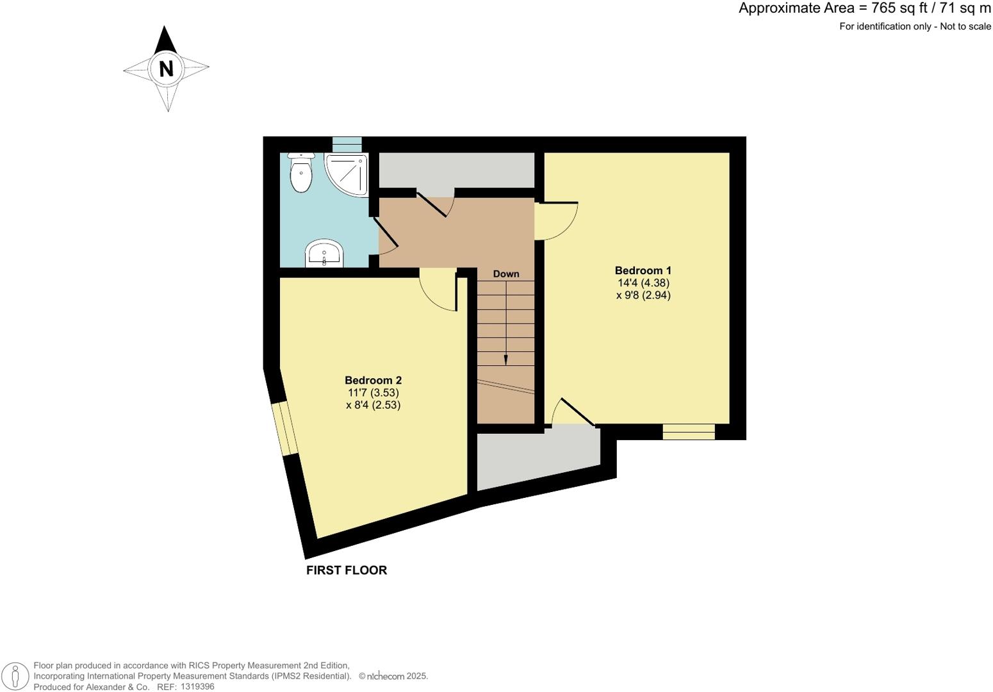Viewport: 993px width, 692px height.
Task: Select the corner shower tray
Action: [x=348, y=173]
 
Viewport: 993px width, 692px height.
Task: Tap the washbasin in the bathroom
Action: [x=325, y=254]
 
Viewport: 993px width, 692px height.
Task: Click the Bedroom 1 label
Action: [x=643, y=270]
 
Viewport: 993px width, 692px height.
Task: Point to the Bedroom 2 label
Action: [x=373, y=380]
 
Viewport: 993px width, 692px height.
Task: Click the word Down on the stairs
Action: [x=506, y=274]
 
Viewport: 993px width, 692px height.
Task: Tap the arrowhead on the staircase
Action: [x=506, y=360]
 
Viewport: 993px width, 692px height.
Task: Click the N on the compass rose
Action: [x=167, y=68]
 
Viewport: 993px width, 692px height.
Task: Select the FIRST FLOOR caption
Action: [x=347, y=570]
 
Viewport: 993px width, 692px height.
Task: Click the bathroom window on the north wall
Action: [x=347, y=144]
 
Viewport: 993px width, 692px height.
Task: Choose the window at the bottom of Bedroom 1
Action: [x=689, y=432]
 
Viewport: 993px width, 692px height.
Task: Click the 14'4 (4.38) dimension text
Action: [x=643, y=283]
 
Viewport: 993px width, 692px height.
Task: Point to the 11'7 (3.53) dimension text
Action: [x=373, y=392]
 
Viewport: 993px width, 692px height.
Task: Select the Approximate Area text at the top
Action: [x=864, y=8]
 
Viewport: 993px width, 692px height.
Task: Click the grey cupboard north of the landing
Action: [x=457, y=170]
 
